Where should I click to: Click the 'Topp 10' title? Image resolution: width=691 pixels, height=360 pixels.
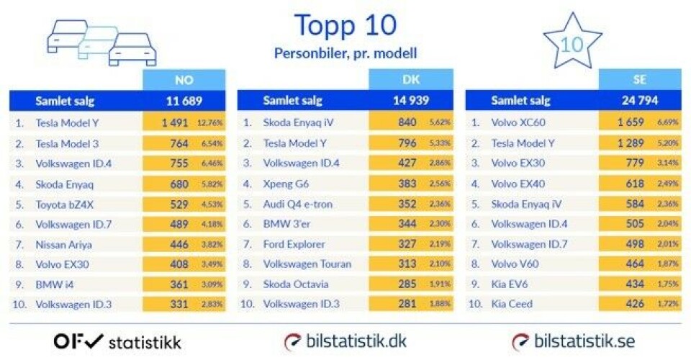(345, 25)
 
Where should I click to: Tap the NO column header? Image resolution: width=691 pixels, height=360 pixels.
(184, 80)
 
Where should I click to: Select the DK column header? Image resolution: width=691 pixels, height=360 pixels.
(411, 80)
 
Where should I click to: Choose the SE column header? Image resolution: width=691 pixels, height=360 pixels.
(639, 80)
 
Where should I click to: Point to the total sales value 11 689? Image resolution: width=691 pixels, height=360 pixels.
(184, 101)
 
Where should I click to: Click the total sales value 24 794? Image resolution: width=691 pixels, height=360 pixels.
(639, 101)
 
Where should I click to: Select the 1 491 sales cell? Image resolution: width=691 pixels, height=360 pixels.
(174, 123)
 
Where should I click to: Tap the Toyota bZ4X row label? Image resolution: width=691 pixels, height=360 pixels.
(65, 204)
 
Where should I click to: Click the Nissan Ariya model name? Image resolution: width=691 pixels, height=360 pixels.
(63, 245)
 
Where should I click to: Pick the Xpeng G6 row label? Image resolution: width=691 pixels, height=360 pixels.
(286, 184)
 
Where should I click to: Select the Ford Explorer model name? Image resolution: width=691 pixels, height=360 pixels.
(294, 245)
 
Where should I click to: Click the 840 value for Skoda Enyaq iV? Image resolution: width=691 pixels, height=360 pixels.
(407, 123)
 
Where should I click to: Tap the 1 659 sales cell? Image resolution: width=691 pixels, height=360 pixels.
(630, 123)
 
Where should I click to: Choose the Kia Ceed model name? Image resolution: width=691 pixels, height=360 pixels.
(512, 304)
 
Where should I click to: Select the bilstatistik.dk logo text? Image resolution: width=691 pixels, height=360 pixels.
(345, 341)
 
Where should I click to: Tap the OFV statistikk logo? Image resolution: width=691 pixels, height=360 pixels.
(117, 341)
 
